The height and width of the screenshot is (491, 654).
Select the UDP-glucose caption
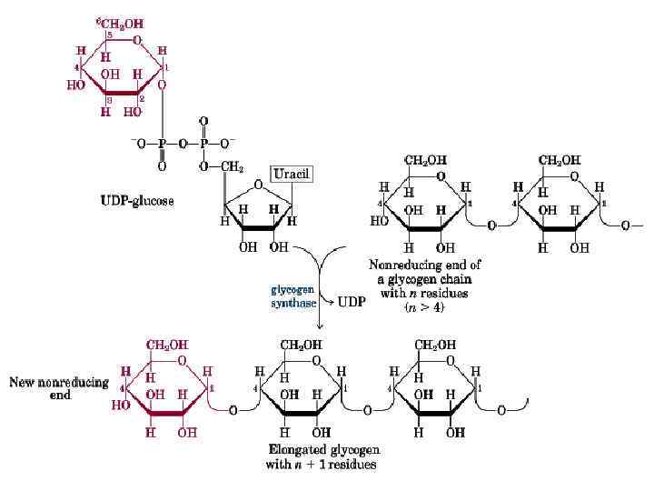click(136, 200)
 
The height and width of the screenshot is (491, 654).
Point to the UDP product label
click(352, 302)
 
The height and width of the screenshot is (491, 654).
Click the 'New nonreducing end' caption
click(59, 388)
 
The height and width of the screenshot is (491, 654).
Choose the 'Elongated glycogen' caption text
click(324, 450)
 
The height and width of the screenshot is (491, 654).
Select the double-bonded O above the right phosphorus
click(203, 121)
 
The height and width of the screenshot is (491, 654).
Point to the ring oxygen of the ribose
click(259, 185)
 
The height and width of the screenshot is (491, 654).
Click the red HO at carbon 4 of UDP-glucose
click(75, 85)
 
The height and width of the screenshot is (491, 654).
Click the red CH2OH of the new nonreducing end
click(168, 346)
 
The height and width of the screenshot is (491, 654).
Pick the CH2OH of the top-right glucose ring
click(560, 160)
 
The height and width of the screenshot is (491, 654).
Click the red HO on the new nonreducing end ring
click(120, 406)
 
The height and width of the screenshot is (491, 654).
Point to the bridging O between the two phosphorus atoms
click(183, 143)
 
